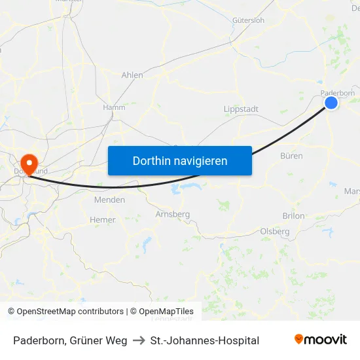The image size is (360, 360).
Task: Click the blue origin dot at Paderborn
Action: click(x=331, y=103)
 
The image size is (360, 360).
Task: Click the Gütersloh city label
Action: click(x=248, y=20)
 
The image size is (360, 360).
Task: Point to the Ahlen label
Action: click(x=132, y=75)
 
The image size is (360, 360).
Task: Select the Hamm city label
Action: click(x=114, y=107)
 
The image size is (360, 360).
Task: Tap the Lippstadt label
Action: click(x=241, y=109)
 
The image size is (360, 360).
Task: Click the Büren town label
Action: click(x=291, y=156)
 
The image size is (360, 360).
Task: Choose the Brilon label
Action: click(x=294, y=215)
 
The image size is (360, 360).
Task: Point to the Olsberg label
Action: click(x=275, y=231)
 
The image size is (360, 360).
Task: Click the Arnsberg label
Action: click(x=173, y=214)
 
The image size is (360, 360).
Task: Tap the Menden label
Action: click(x=109, y=200)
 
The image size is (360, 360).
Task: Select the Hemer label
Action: click(x=103, y=220)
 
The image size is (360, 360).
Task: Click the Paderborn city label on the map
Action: click(x=338, y=93)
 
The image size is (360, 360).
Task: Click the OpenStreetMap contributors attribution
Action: click(x=65, y=312)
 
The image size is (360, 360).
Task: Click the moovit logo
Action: click(x=320, y=339)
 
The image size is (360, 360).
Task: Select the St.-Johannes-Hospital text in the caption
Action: click(x=205, y=340)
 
